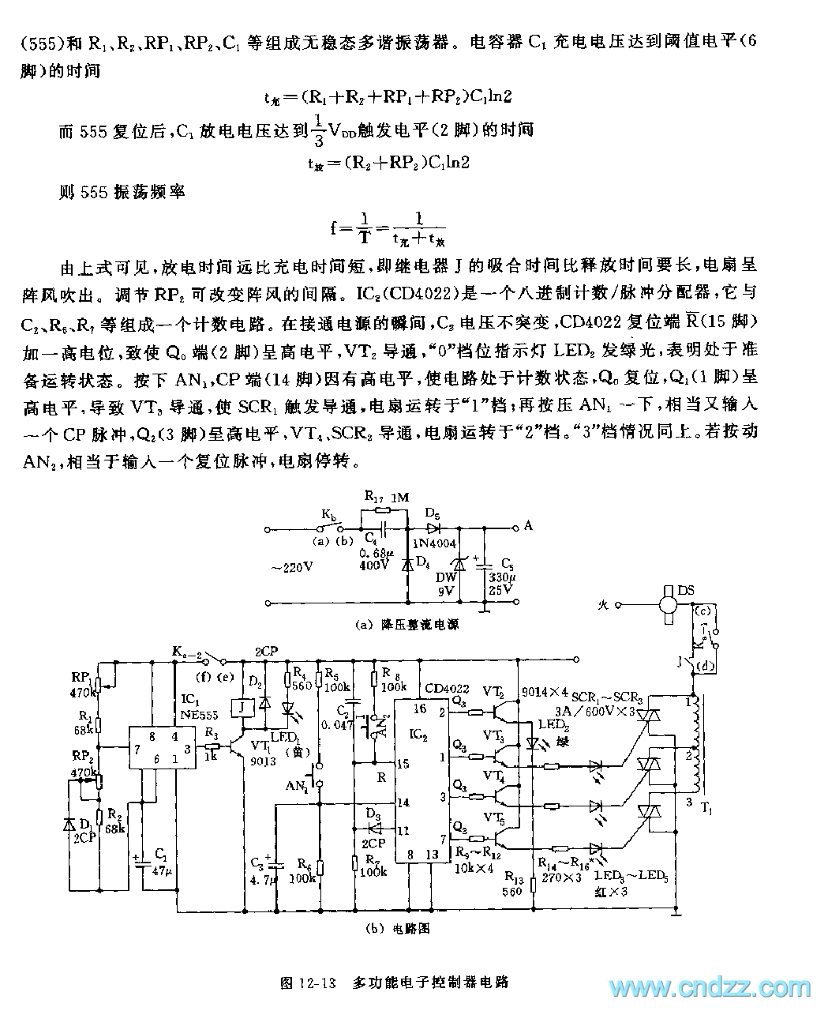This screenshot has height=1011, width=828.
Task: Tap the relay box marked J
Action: click(237, 707)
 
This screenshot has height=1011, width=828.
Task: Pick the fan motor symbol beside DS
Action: click(668, 605)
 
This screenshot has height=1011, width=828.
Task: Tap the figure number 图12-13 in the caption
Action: click(309, 983)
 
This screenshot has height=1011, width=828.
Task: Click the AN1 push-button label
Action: click(298, 786)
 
